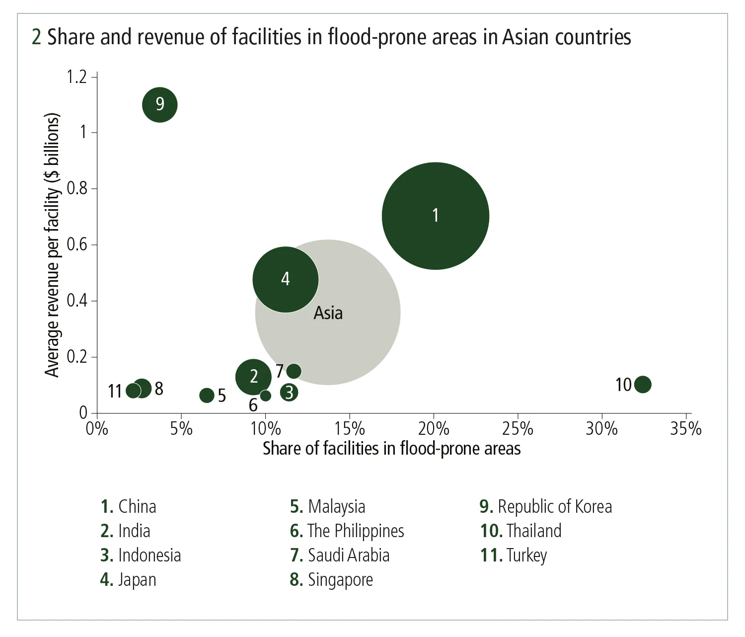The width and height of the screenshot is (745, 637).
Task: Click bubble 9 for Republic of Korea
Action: click(160, 104)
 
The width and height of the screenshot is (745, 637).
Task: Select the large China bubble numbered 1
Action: click(436, 216)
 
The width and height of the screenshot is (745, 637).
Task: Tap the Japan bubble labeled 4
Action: click(286, 279)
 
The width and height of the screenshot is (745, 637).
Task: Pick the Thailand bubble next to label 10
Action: click(643, 384)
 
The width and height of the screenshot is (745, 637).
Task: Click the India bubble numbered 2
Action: click(253, 377)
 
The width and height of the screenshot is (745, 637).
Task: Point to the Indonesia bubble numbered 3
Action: click(289, 393)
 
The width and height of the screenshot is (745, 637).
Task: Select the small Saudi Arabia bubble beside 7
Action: click(294, 371)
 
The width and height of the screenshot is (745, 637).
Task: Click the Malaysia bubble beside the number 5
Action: click(207, 396)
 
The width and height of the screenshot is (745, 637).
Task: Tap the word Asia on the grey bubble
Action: click(328, 313)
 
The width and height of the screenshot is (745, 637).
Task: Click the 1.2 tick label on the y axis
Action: click(77, 77)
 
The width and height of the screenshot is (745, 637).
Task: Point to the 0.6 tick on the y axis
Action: click(77, 244)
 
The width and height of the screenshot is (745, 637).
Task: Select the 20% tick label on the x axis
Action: click(434, 429)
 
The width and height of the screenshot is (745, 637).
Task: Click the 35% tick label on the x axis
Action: click(686, 429)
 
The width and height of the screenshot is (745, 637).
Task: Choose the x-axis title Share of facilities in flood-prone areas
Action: click(391, 449)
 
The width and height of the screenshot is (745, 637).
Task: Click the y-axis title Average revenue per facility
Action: click(52, 245)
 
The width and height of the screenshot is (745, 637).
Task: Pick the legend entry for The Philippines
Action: click(347, 531)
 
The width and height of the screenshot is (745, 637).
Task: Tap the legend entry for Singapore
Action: click(331, 579)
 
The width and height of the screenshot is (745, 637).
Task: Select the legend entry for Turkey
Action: click(514, 555)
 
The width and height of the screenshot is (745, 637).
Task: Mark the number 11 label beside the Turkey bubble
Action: click(115, 392)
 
